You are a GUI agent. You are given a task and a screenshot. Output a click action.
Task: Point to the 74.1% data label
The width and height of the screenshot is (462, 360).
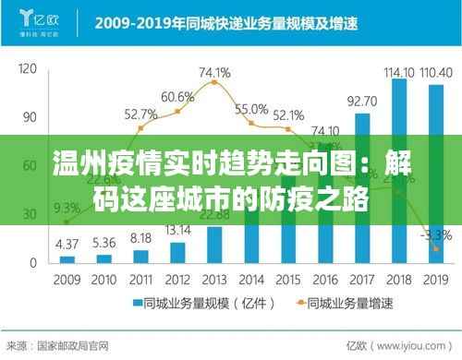coord(214,71)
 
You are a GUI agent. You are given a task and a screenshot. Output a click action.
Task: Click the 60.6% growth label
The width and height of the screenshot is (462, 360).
coord(177,96)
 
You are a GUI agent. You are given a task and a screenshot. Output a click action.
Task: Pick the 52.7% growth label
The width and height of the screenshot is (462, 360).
coord(141,114)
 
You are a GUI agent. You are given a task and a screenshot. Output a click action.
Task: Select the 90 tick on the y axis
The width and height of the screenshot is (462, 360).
coord(29,117)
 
